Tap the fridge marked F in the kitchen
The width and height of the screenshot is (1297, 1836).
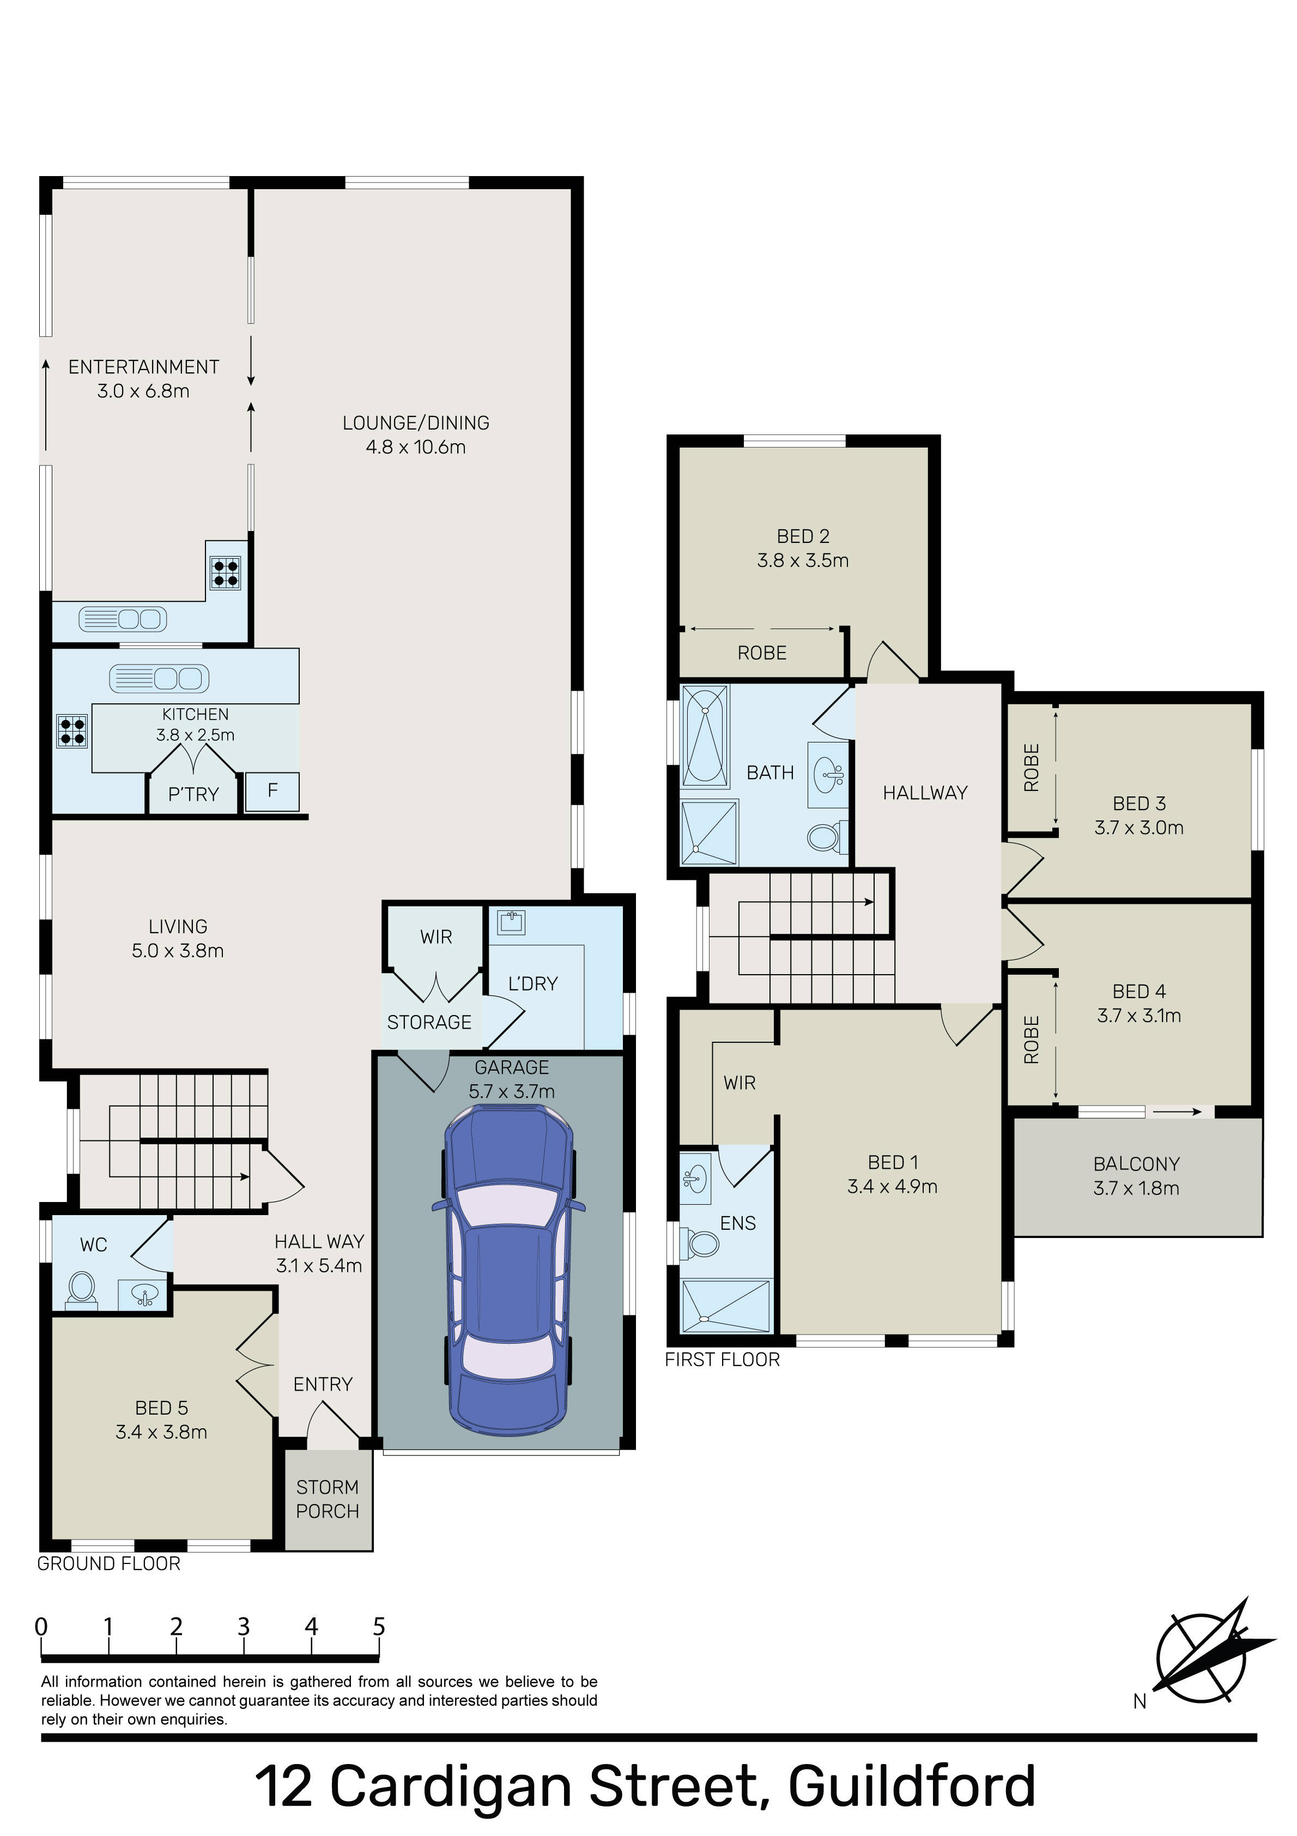272,792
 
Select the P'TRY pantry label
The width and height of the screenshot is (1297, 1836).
193,794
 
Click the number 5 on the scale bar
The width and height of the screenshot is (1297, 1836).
379,1627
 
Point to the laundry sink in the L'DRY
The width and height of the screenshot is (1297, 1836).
511,922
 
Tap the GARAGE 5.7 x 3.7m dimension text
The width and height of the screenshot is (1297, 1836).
512,1079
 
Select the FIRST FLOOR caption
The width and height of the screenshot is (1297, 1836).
722,1360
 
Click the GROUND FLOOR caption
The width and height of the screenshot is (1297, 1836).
109,1563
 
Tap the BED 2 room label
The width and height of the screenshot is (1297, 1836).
803,536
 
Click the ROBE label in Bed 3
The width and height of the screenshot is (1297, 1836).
1032,768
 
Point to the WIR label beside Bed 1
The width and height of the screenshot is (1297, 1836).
740,1083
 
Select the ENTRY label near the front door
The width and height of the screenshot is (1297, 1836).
323,1384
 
